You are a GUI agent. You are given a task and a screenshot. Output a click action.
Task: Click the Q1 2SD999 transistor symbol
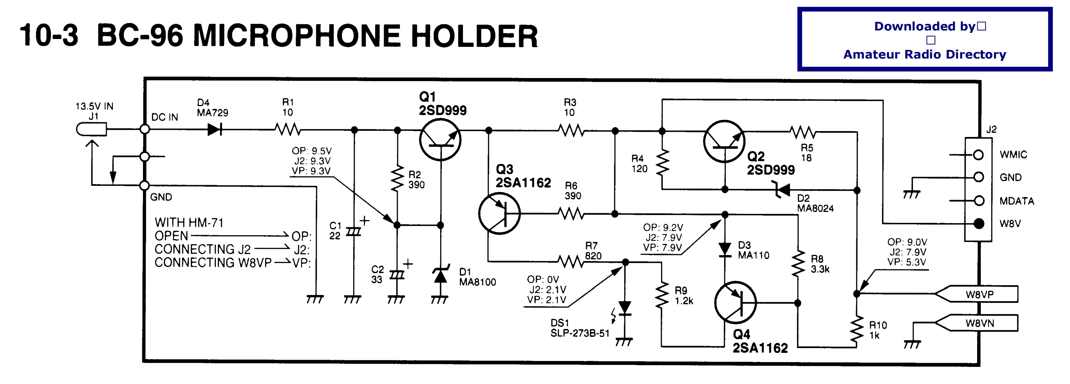[x=440, y=140]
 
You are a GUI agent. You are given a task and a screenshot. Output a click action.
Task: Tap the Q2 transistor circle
[x=724, y=141]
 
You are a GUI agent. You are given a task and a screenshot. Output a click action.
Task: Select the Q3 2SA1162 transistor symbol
[x=499, y=213]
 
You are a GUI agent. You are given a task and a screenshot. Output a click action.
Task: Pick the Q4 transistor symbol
[x=735, y=303]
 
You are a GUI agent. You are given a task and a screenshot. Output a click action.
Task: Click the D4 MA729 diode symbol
[x=214, y=129]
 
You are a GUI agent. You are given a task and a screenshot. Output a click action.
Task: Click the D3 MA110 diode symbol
[x=725, y=250]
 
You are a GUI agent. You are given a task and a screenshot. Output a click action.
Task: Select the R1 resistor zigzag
[x=288, y=130]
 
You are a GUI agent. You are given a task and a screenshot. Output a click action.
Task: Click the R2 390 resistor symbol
[x=397, y=178]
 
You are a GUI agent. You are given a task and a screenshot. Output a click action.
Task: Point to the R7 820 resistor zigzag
[x=571, y=261]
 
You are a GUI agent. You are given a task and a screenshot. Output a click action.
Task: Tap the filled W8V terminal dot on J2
[x=979, y=223]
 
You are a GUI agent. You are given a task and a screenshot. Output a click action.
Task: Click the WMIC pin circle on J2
[x=979, y=155]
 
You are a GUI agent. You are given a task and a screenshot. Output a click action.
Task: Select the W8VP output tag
[x=976, y=294]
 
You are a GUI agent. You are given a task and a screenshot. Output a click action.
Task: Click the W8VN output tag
[x=976, y=323]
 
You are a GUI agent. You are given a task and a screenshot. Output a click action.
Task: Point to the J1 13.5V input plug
[x=91, y=129]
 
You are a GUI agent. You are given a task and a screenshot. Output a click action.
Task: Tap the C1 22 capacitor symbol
[x=354, y=231]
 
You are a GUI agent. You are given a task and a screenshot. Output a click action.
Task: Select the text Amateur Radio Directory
[x=925, y=54]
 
